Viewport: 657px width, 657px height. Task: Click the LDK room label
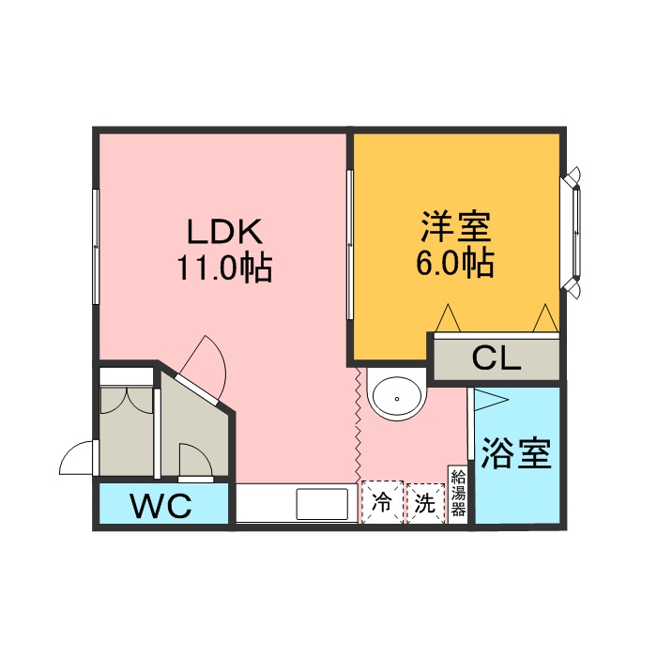224,231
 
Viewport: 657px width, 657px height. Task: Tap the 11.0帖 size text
225,267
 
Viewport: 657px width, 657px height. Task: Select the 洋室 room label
455,227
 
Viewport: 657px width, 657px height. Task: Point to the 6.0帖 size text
455,263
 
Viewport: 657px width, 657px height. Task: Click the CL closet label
497,359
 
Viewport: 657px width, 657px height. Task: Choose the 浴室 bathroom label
516,453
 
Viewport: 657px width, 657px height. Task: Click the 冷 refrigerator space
382,502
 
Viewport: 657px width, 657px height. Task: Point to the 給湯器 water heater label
458,493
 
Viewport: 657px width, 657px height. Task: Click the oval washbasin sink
396,399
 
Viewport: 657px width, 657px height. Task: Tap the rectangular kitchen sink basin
322,504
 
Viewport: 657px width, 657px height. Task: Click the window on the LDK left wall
96,246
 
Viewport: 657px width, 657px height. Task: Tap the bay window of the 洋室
573,233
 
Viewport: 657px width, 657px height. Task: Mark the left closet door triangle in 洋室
449,317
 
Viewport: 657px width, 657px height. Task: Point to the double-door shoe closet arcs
127,400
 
